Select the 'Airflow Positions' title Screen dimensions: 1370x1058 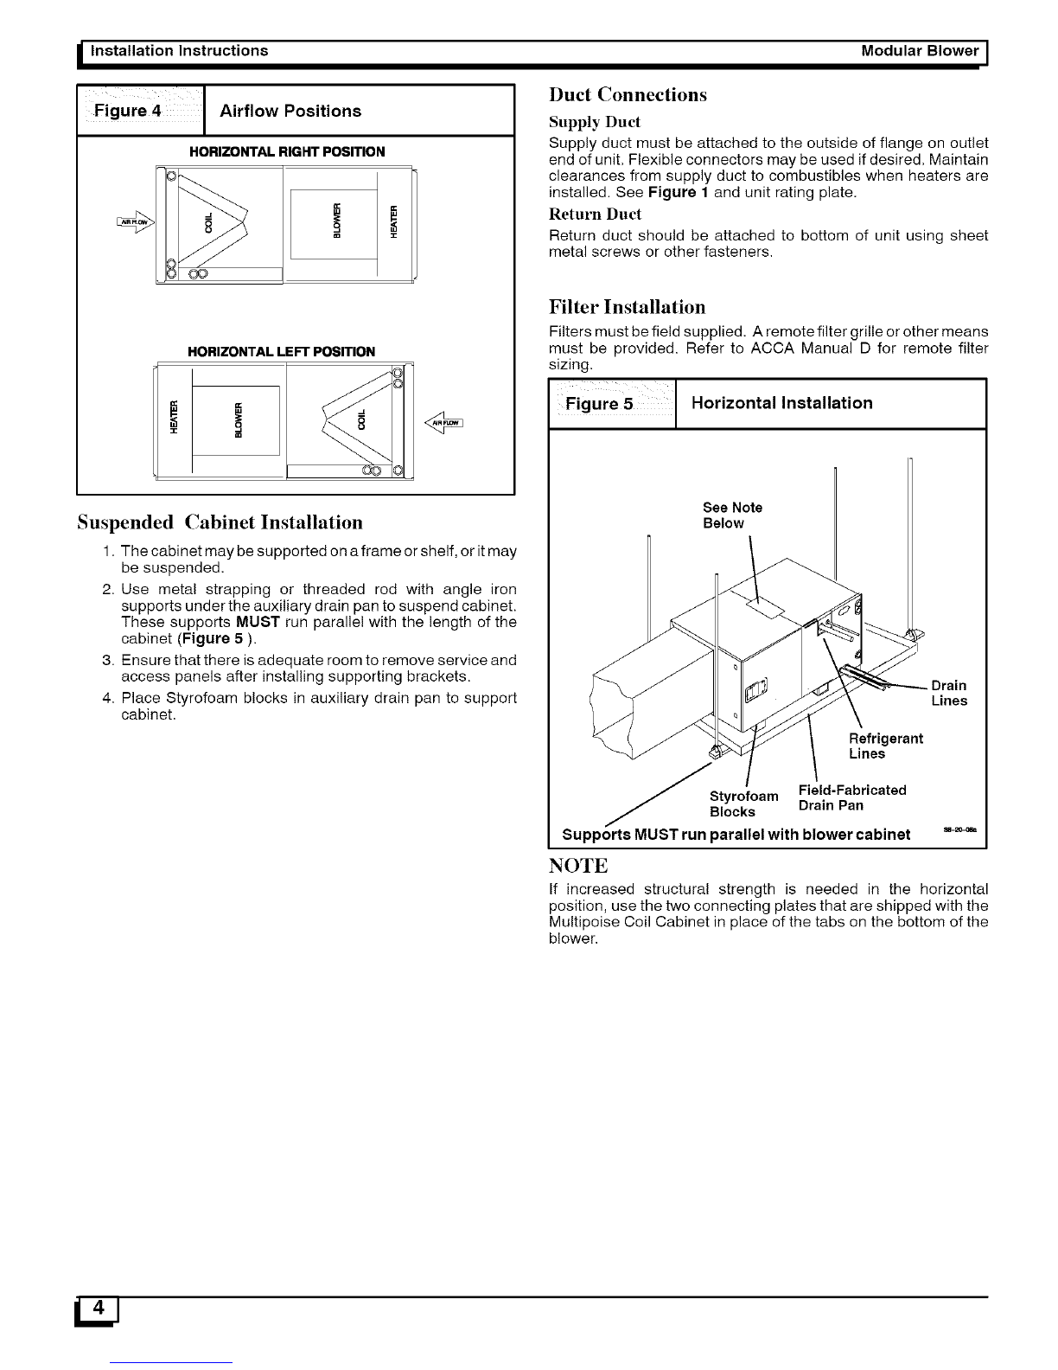point(290,111)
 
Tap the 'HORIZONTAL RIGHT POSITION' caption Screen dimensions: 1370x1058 point(287,151)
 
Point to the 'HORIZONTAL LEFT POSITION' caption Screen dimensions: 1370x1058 point(281,351)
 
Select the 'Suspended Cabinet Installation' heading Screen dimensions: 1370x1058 point(220,522)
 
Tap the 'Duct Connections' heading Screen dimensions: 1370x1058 point(628,94)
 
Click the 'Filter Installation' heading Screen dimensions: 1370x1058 point(628,307)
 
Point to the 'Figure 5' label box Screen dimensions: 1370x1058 point(611,403)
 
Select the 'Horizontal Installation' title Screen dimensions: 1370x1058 point(782,403)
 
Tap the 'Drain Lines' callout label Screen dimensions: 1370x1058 point(948,694)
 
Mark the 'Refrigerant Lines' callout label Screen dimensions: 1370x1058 point(885,746)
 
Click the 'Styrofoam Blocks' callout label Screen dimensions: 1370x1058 point(743,803)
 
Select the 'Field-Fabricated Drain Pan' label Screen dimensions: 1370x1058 point(851,797)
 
